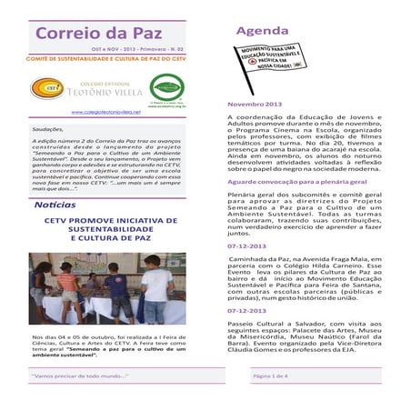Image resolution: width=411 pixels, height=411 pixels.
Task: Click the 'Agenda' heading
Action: (263, 32)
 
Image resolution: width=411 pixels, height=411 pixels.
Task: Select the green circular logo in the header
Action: (166, 87)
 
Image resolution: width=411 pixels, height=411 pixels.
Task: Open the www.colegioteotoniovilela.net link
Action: (108, 113)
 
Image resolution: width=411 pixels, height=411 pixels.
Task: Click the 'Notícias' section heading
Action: (54, 206)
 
